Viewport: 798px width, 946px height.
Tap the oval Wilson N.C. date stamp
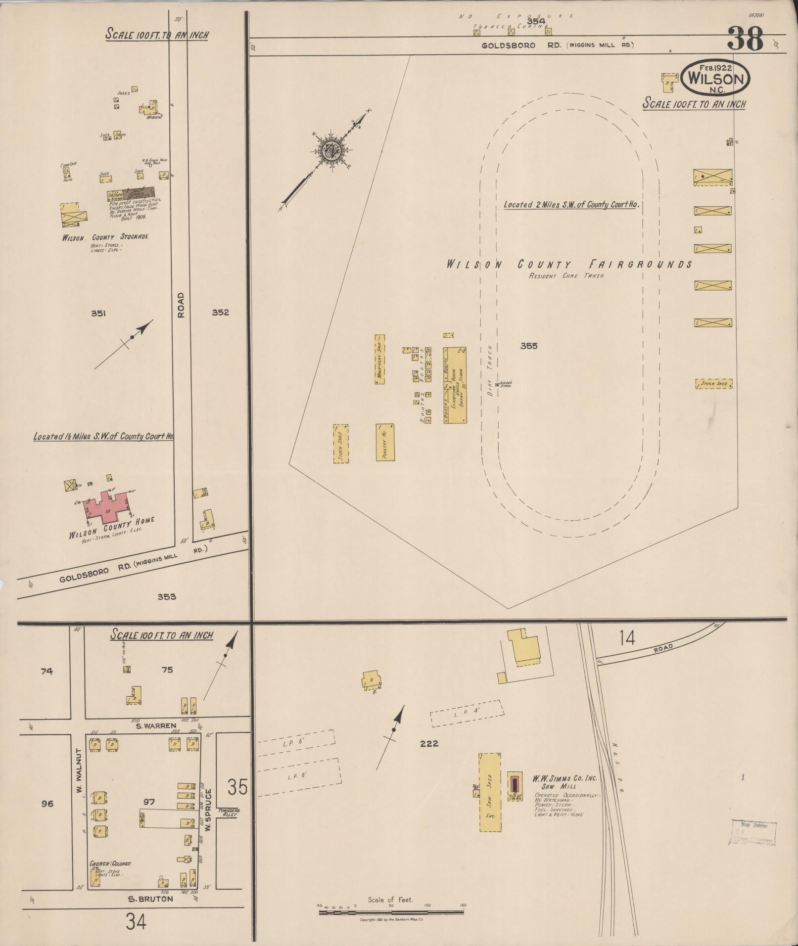click(x=715, y=78)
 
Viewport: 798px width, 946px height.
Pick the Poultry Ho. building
click(x=385, y=442)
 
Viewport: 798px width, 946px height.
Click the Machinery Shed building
click(x=379, y=360)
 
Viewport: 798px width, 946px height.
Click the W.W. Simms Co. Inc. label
click(x=564, y=778)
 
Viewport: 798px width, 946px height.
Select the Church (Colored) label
click(x=110, y=863)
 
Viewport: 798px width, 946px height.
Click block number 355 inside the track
click(x=528, y=346)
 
